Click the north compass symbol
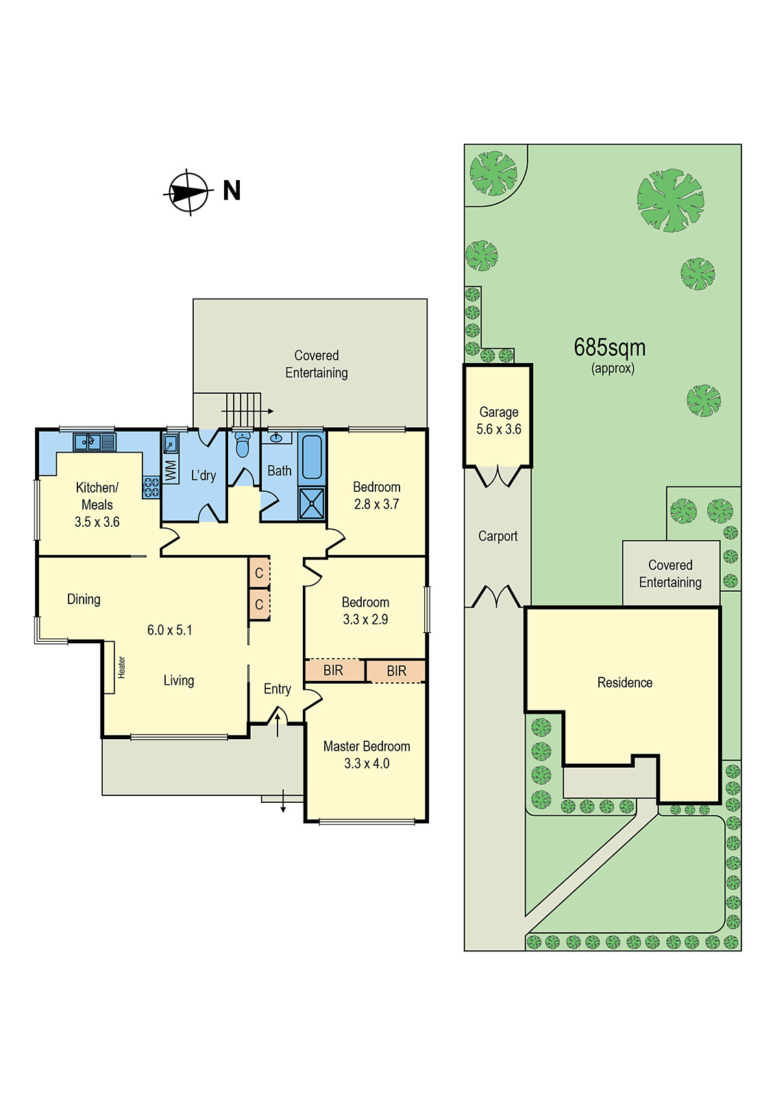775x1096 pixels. coord(188,192)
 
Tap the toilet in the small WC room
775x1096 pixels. coord(242,446)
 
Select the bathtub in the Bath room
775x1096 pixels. coord(312,457)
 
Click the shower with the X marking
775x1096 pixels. coord(312,503)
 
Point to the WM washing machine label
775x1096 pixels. coord(171,470)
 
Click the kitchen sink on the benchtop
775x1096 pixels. coord(87,442)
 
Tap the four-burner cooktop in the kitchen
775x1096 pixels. coord(151,488)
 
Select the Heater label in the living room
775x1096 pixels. coord(121,667)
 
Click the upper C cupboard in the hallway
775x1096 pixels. coord(259,573)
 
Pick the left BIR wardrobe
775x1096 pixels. coord(334,671)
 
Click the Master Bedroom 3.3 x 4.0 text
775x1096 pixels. coord(367,755)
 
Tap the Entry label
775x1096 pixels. coord(277,689)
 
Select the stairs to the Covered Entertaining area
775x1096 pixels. coord(243,410)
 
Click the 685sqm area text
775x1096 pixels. coord(609,348)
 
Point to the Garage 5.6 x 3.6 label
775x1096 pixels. coord(499,421)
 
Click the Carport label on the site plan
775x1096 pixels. coord(497,536)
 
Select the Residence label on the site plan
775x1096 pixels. coord(624,683)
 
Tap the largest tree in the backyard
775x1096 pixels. coord(670,201)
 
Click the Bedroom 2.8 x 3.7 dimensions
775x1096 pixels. coord(376,505)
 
